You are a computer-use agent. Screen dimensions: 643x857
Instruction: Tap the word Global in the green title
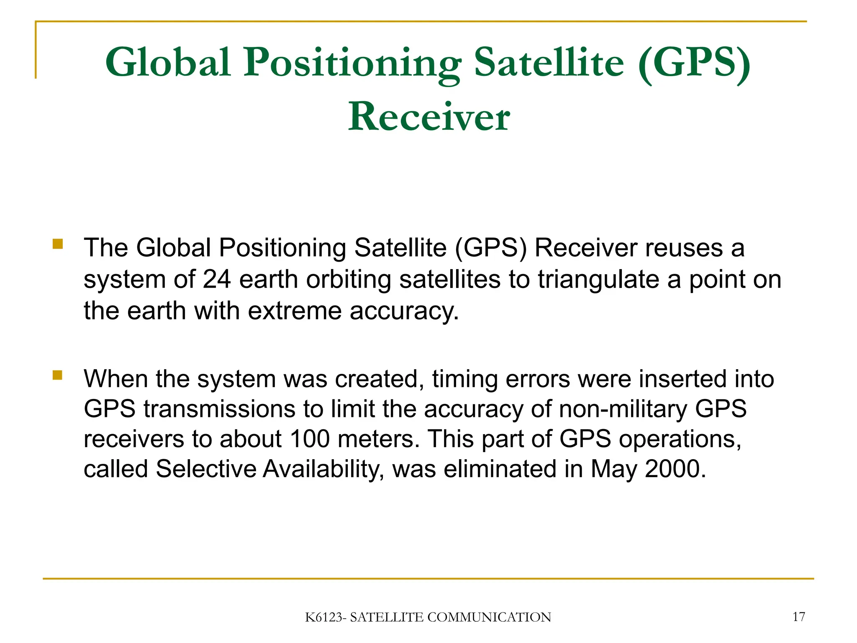[x=168, y=63]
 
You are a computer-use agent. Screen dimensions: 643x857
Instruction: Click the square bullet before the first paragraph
[x=58, y=244]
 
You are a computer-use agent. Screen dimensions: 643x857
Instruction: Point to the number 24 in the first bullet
[x=216, y=279]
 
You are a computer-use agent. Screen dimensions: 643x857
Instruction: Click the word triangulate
[x=598, y=279]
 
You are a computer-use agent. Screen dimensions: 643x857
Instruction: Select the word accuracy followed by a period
[x=404, y=311]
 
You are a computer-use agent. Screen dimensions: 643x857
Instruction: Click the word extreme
[x=295, y=311]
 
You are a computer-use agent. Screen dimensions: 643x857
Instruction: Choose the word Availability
[x=323, y=469]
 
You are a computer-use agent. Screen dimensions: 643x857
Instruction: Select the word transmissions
[x=219, y=409]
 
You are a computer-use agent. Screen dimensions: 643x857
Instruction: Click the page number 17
[x=798, y=617]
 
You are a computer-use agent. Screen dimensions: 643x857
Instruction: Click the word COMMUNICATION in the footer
[x=489, y=617]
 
